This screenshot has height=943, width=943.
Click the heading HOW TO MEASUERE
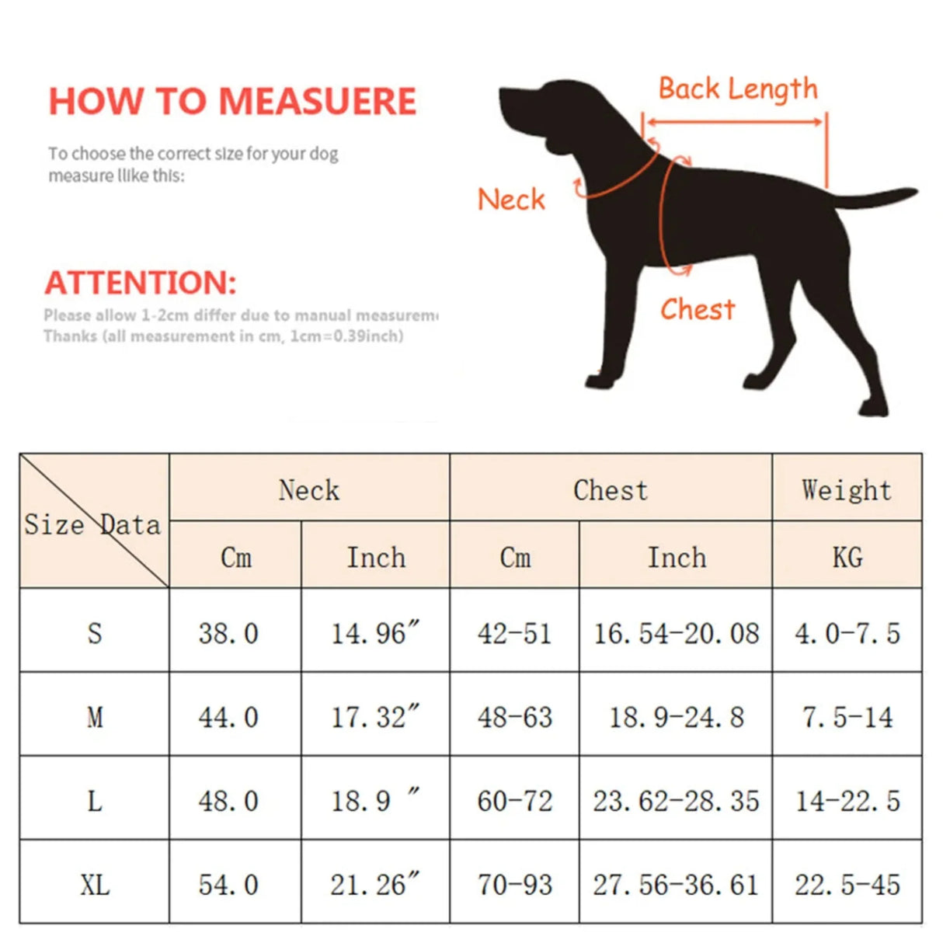pyautogui.click(x=232, y=102)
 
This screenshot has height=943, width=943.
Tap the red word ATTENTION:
pyautogui.click(x=141, y=283)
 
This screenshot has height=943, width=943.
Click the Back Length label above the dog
pyautogui.click(x=738, y=89)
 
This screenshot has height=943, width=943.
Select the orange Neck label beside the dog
pyautogui.click(x=511, y=200)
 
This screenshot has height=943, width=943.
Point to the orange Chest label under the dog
pyautogui.click(x=698, y=309)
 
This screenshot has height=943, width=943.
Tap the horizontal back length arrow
pyautogui.click(x=734, y=122)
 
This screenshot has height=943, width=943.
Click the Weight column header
pyautogui.click(x=847, y=490)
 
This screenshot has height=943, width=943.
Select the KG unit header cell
pyautogui.click(x=847, y=557)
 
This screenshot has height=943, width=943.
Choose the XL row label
pyautogui.click(x=95, y=884)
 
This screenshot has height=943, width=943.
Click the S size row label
pyautogui.click(x=95, y=633)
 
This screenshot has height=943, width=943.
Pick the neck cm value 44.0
pyautogui.click(x=228, y=717)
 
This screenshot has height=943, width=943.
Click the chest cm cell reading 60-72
pyautogui.click(x=515, y=801)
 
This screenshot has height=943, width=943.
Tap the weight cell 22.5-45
pyautogui.click(x=847, y=884)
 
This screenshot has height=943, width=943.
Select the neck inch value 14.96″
pyautogui.click(x=375, y=633)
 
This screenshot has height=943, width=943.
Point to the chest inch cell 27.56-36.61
pyautogui.click(x=676, y=884)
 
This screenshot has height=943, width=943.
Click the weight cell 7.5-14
pyautogui.click(x=847, y=717)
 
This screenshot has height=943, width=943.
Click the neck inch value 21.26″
pyautogui.click(x=375, y=884)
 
